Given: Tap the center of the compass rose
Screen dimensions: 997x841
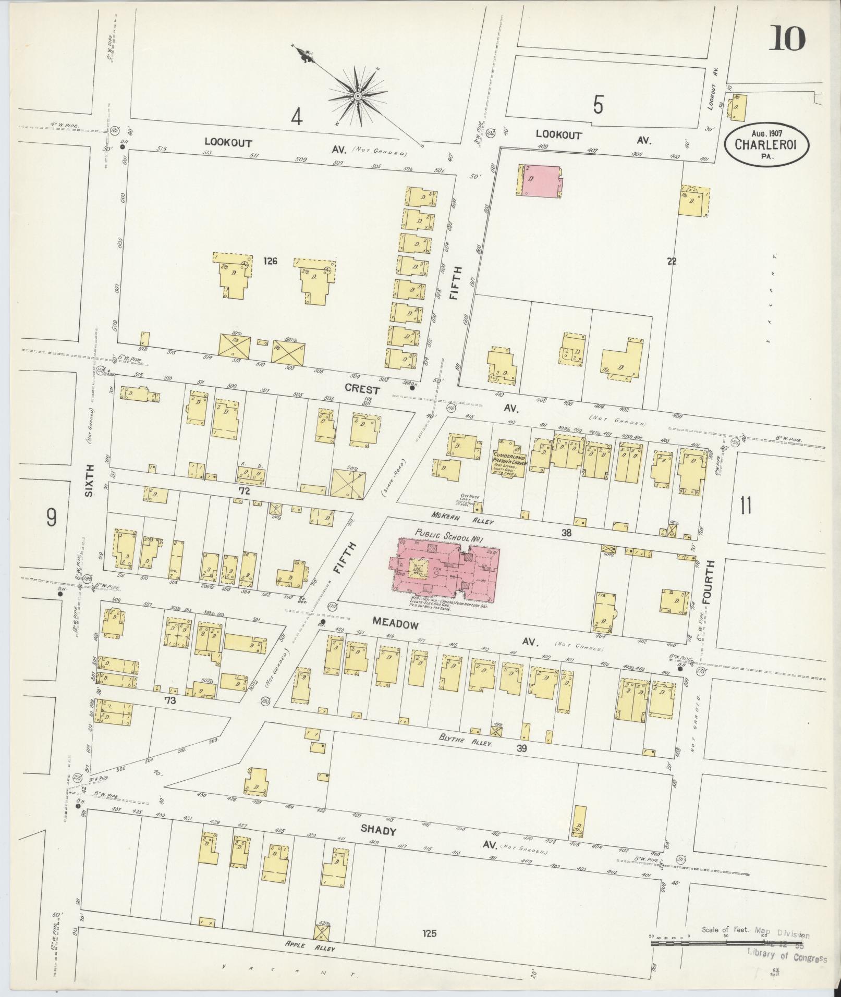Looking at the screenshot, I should click(358, 96).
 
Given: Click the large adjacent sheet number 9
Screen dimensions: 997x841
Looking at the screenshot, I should click(51, 518).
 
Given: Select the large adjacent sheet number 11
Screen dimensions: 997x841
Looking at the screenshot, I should click(746, 506).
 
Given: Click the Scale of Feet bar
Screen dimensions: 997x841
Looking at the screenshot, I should click(725, 943).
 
